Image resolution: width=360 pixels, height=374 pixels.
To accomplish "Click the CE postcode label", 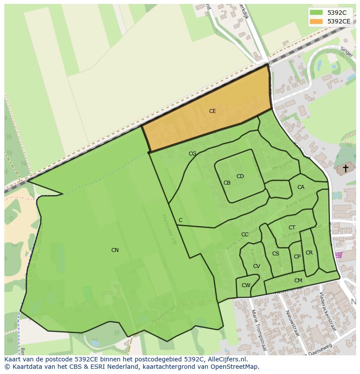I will [x=212, y=111].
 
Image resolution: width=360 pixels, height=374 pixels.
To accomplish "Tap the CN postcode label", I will [x=115, y=250].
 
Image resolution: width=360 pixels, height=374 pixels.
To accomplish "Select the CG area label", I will [x=192, y=154].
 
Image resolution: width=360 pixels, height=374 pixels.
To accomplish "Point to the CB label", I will [x=227, y=183].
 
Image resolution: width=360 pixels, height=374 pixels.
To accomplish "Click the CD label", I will [x=240, y=176].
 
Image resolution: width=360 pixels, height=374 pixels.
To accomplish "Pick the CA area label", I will [x=301, y=187].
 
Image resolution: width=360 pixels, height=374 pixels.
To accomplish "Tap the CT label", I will [x=292, y=228].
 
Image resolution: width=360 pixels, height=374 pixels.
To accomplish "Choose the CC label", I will [x=245, y=235].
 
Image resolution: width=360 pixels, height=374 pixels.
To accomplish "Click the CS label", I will [x=276, y=254].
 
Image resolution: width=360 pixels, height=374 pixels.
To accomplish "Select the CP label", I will [x=297, y=257].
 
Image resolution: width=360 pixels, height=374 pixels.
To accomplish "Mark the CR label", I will [x=309, y=253].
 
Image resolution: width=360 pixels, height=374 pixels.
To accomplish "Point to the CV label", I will [x=257, y=266].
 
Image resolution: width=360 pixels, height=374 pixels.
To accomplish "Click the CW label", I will [x=246, y=285].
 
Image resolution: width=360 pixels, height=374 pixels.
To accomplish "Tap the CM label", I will [x=298, y=281].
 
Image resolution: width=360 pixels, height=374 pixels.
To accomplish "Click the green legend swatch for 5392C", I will [x=316, y=13].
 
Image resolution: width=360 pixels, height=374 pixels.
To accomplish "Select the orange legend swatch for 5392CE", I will [x=316, y=21].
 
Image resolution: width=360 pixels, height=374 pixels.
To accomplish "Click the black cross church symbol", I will [x=346, y=168].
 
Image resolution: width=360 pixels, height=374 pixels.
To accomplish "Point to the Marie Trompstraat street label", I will [x=257, y=326].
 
